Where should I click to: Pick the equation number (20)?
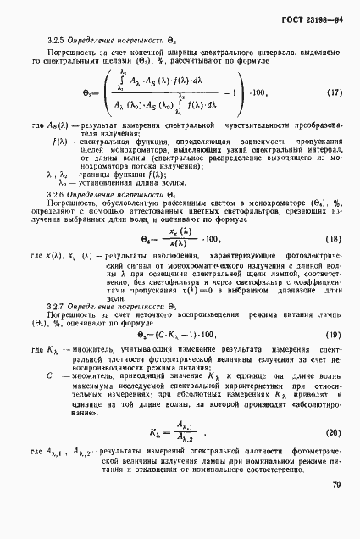[334, 432]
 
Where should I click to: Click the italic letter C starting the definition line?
[52, 375]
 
